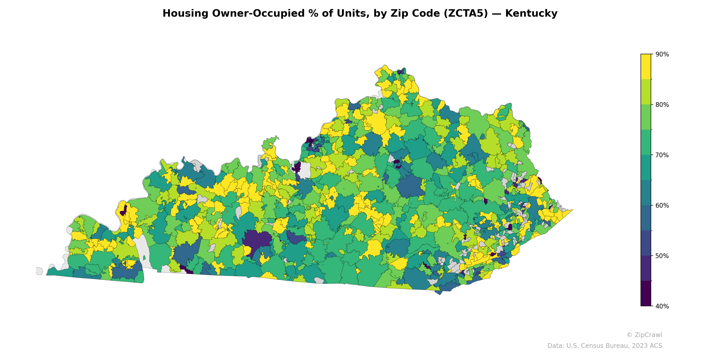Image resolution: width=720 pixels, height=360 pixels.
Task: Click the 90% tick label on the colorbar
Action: point(662,54)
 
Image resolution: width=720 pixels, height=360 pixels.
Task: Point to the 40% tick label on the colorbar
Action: point(662,306)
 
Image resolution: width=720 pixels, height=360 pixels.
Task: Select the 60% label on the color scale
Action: point(662,206)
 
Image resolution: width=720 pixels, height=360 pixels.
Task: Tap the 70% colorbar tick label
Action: point(662,155)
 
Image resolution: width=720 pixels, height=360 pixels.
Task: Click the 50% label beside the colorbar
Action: point(662,256)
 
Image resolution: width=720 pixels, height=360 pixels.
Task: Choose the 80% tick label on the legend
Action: point(662,105)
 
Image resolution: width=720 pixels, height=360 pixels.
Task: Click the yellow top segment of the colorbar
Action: point(646,67)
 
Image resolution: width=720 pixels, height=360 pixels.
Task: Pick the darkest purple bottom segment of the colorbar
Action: point(646,293)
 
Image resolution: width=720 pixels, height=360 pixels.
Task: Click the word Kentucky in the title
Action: point(531,13)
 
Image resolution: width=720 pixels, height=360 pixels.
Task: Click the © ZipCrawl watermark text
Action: point(644,335)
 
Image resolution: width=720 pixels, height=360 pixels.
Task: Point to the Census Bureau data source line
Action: point(604,346)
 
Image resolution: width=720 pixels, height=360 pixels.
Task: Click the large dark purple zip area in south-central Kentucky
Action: point(257,239)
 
